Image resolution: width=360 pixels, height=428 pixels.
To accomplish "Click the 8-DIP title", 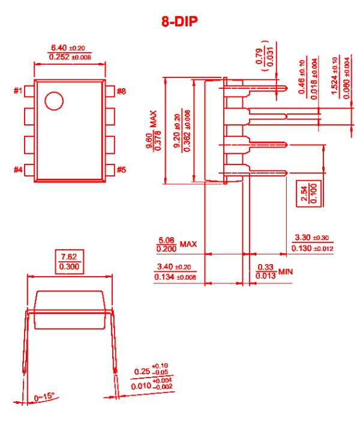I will click(x=180, y=22).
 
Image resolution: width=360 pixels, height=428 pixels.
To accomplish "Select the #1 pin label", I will click(x=18, y=91).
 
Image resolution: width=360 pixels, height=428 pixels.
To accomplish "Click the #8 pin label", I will click(x=121, y=91).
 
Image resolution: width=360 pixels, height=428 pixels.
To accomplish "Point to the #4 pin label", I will click(x=18, y=170).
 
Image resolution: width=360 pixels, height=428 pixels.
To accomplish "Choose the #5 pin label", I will click(x=121, y=170).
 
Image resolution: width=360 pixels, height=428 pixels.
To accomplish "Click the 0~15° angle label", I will click(x=44, y=397).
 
